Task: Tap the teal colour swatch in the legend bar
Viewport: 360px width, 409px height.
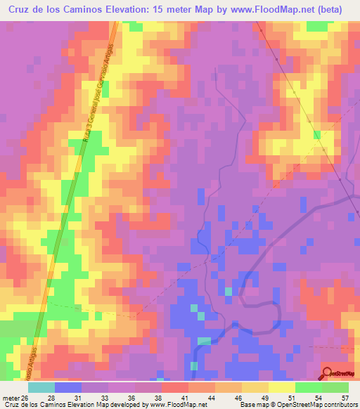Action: point(41,388)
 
